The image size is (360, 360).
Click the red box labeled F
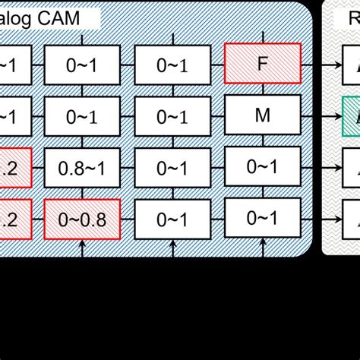tap(263, 64)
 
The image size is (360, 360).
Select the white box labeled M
tap(263, 115)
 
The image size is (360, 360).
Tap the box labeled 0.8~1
tap(82, 166)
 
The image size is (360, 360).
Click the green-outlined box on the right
tap(351, 115)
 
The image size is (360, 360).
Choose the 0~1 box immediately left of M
tap(172, 115)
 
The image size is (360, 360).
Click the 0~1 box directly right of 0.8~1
tap(172, 166)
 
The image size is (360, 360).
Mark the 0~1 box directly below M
tap(263, 166)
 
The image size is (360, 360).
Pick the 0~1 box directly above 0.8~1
tap(82, 115)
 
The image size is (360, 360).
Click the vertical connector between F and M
tap(263, 90)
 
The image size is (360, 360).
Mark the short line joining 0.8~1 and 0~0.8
tap(82, 192)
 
